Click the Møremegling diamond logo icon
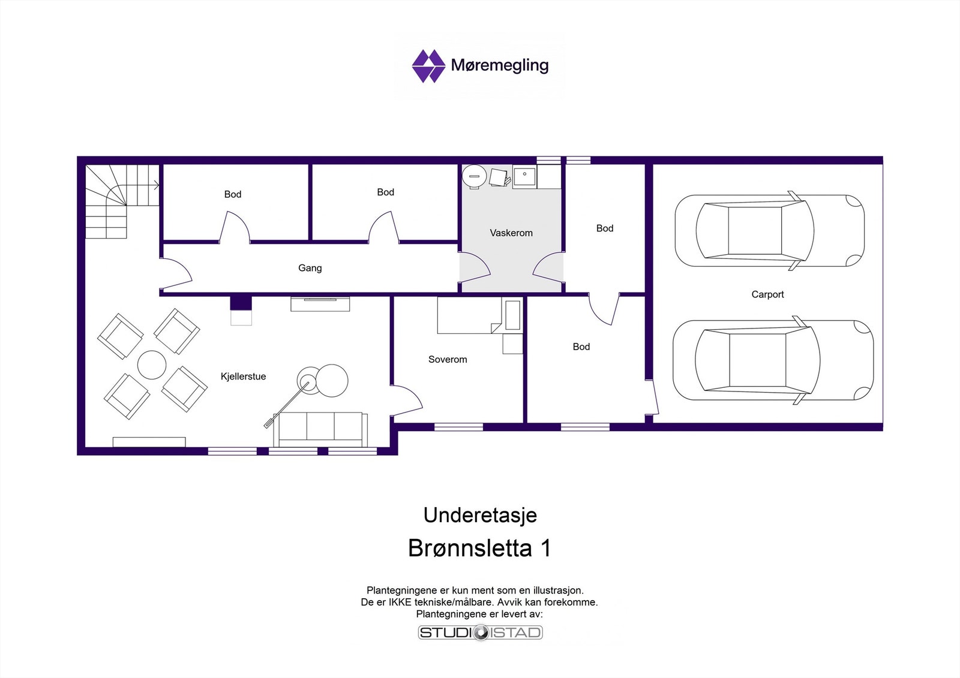[x=428, y=66]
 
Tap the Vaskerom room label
[x=511, y=233]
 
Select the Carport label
[x=767, y=294]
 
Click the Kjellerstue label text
[x=243, y=376]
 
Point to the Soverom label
[x=447, y=360]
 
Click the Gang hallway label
[x=310, y=268]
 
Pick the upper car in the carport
[x=769, y=231]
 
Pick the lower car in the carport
[x=772, y=360]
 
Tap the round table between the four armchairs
[x=152, y=364]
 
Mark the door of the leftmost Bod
[x=235, y=228]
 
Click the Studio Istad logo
[x=480, y=632]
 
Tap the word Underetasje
[x=480, y=515]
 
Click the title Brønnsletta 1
[x=479, y=548]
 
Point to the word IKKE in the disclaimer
[x=400, y=602]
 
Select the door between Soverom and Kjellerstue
[x=407, y=400]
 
